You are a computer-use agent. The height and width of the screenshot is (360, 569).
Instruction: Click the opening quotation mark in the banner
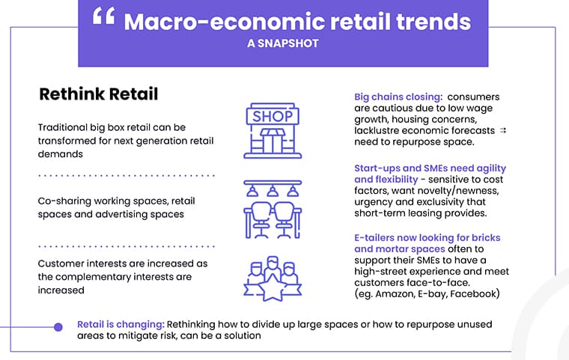[x=104, y=16]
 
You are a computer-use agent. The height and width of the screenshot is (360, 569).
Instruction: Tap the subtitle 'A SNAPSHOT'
[x=283, y=43]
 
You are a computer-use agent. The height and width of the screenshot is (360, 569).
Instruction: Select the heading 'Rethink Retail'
[x=99, y=94]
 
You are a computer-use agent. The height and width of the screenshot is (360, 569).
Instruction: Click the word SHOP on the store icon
[x=273, y=117]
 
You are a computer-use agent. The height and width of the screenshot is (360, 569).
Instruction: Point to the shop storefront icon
[x=273, y=131]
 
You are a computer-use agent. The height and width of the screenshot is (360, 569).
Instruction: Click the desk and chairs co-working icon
[x=273, y=210]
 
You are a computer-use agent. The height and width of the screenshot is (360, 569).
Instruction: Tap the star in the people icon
[x=273, y=288]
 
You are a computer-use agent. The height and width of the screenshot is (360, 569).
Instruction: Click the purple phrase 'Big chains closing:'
[x=398, y=97]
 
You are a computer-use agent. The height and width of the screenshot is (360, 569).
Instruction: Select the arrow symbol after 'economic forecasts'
[x=502, y=130]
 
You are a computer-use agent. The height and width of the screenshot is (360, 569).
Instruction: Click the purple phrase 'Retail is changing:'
[x=121, y=324]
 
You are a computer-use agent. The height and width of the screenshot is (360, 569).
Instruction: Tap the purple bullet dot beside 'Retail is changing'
[x=58, y=327]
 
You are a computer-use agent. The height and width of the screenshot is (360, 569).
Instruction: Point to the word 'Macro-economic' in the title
[x=224, y=22]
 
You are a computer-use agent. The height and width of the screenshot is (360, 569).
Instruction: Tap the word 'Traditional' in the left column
[x=63, y=127]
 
